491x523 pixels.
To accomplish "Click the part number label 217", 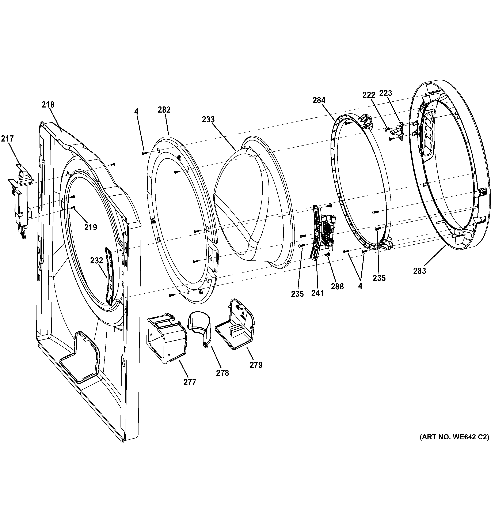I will (x=7, y=139).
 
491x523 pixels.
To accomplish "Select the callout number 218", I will (x=48, y=105).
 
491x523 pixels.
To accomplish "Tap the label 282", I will (x=164, y=109).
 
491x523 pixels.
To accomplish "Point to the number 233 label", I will (x=208, y=119).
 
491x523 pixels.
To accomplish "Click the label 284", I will (x=319, y=100).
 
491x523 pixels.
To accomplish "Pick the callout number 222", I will (x=369, y=95).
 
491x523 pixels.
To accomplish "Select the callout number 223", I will (x=386, y=93).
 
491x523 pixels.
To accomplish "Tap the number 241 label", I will (x=317, y=293).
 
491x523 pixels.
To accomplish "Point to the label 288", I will (x=337, y=286).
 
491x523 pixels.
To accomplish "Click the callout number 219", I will (x=90, y=227).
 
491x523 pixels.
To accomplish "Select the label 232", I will (x=96, y=260).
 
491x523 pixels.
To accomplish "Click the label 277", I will (x=190, y=382).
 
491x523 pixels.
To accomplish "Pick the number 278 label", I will (x=222, y=373).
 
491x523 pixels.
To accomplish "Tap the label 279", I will (x=256, y=365).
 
